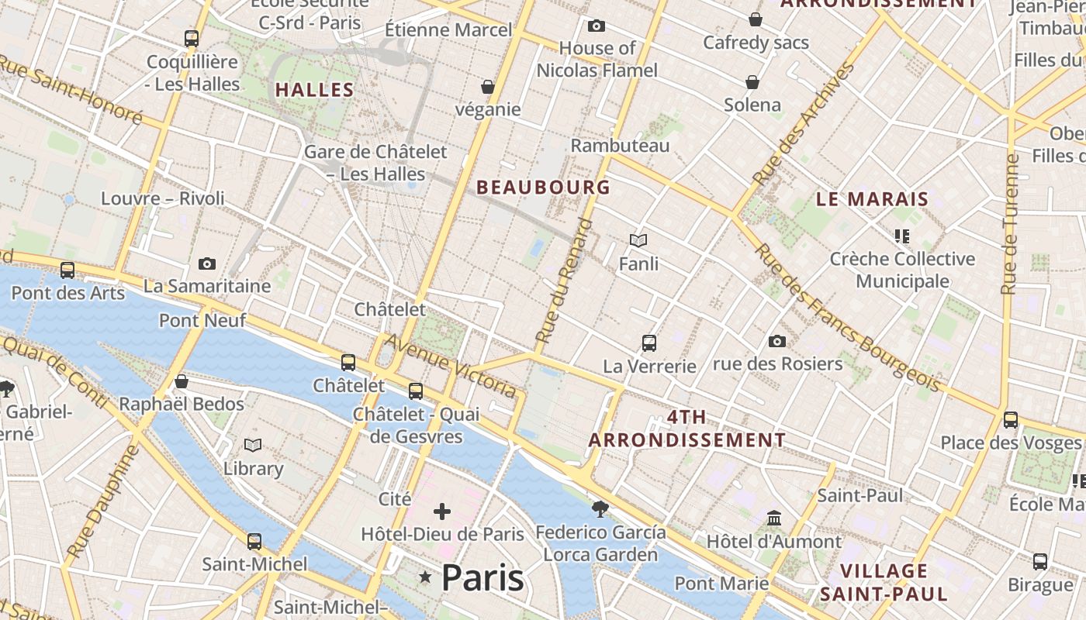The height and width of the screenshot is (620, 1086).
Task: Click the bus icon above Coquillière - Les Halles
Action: point(191,38)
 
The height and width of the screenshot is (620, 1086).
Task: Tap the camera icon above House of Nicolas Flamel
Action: point(596,26)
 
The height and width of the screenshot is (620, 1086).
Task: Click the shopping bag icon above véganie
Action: point(487,87)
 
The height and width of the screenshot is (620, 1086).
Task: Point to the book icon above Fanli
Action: point(638,241)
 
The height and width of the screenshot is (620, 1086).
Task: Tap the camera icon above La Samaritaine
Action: point(206,263)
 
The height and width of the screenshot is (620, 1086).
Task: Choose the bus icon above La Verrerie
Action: point(648,343)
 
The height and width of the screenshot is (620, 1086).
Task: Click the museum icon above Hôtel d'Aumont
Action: point(773,518)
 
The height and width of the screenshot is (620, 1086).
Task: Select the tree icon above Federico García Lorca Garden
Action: point(600,509)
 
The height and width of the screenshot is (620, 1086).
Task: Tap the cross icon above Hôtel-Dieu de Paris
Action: point(442,511)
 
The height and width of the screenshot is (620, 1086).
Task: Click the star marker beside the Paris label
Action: point(425,577)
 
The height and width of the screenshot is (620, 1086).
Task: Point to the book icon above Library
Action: point(253,445)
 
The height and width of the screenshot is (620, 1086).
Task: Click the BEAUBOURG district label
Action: point(543,187)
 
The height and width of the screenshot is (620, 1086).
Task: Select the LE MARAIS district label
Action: point(872,199)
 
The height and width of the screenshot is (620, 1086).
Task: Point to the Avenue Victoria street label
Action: point(451,366)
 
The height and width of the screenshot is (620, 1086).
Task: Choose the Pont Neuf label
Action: point(202,320)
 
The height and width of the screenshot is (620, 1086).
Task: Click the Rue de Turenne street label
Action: point(1009,224)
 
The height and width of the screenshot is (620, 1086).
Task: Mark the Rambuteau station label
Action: point(620,146)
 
